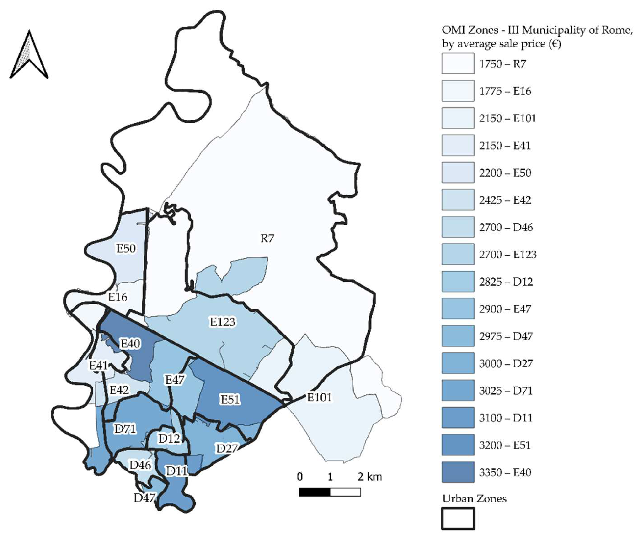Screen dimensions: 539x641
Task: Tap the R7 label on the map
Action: pyautogui.click(x=267, y=239)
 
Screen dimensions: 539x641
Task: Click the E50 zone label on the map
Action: pyautogui.click(x=126, y=248)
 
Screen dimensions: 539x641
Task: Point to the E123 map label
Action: pyautogui.click(x=223, y=322)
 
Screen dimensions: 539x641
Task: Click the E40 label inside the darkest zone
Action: pyautogui.click(x=131, y=344)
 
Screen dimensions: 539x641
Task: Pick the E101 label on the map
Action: pyautogui.click(x=319, y=397)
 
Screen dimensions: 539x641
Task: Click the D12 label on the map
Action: pyautogui.click(x=169, y=439)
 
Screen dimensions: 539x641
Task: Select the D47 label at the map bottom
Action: pyautogui.click(x=144, y=498)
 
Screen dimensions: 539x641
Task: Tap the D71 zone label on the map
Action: pyautogui.click(x=125, y=429)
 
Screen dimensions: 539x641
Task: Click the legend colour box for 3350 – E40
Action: pyautogui.click(x=458, y=472)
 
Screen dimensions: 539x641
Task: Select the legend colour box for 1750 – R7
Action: pyautogui.click(x=458, y=63)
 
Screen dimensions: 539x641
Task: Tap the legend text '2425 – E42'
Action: pyautogui.click(x=505, y=200)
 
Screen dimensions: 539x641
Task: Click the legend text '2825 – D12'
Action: pyautogui.click(x=506, y=282)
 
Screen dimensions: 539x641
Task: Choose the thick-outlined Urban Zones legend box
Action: pyautogui.click(x=458, y=518)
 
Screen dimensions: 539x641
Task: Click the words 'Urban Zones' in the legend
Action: pyautogui.click(x=475, y=499)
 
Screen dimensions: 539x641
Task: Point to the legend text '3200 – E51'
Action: pyautogui.click(x=505, y=445)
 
